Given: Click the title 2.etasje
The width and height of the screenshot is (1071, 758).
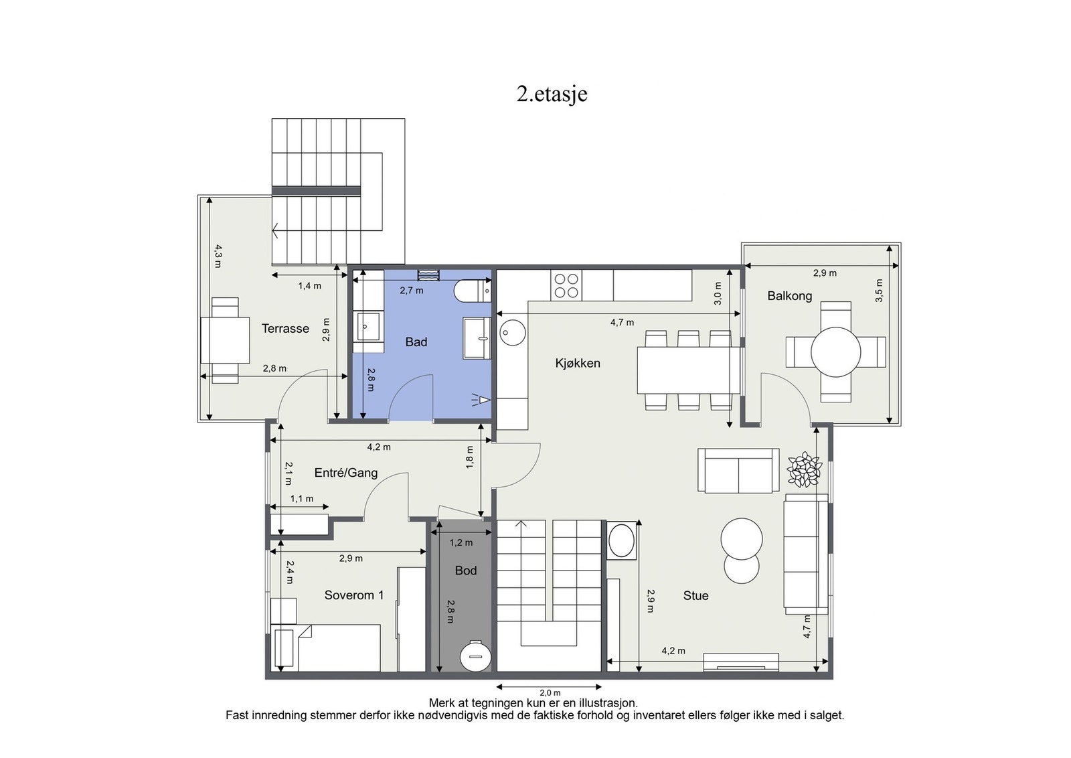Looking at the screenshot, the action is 552,94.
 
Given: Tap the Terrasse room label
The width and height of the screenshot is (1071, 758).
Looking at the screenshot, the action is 285,329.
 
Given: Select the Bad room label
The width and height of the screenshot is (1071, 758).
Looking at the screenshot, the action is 416,342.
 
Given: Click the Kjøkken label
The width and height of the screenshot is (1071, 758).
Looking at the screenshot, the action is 578,364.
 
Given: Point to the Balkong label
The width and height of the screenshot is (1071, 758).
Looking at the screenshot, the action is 790,296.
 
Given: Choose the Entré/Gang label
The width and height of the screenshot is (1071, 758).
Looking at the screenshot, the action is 346,473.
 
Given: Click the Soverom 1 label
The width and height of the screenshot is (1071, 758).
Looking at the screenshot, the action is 354,595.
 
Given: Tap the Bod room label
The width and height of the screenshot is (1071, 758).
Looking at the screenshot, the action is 466,571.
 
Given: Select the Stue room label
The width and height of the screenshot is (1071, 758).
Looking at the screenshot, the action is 695,595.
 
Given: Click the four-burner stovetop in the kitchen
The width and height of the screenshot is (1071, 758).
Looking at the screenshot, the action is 566,285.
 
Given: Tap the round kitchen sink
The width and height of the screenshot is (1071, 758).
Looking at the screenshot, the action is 513,332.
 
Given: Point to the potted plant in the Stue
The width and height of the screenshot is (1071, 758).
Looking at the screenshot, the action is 805,469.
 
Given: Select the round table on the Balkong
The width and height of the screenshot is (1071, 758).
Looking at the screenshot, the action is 836,352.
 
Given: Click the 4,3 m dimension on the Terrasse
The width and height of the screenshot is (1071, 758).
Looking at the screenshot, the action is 218,256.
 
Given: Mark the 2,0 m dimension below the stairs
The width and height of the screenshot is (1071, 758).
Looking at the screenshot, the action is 550,692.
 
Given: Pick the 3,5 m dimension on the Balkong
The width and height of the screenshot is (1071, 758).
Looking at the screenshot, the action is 880,291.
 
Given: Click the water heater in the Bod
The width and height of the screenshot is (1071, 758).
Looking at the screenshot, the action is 475,656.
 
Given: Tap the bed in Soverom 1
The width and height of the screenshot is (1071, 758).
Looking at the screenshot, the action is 325,648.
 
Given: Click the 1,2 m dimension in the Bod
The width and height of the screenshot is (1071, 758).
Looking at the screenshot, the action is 461,542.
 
